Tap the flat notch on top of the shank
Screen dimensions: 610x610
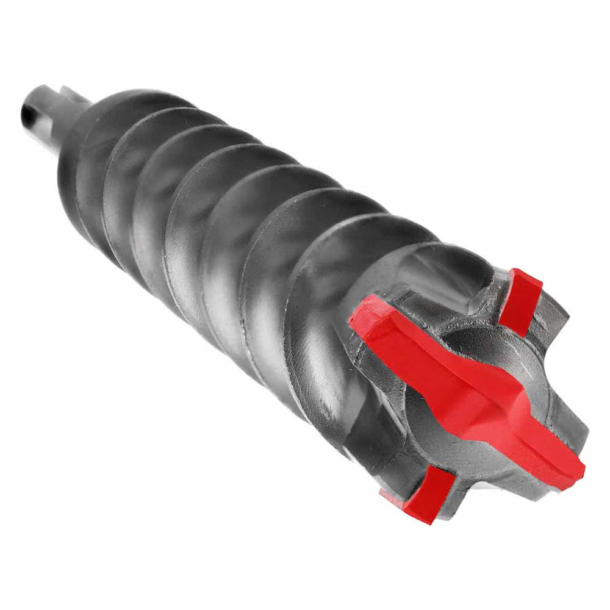(x=67, y=95)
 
